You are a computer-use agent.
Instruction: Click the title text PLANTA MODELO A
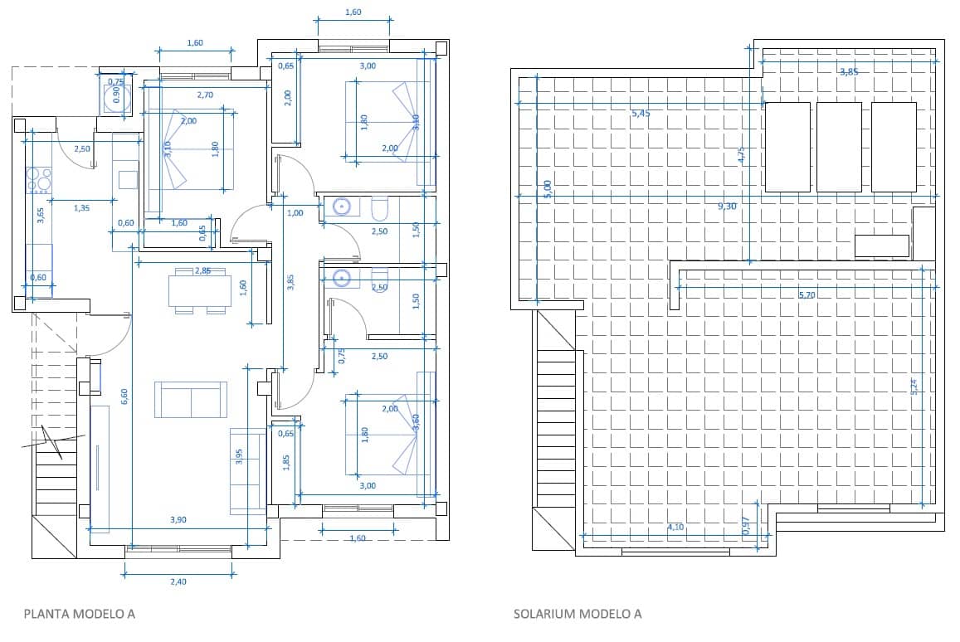coord(79,615)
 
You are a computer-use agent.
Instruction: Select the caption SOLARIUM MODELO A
coord(577,615)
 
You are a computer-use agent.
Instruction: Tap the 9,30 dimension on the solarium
coord(728,205)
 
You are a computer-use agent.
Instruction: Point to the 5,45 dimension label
coord(641,113)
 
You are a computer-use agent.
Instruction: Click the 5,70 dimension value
coord(808,294)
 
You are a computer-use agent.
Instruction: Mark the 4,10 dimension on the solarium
coord(675,526)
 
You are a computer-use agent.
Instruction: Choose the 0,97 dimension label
coord(745,524)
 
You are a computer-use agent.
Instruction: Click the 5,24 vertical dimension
coord(914,387)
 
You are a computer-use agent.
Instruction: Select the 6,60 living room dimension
coord(124,396)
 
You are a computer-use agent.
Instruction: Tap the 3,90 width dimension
coord(178,519)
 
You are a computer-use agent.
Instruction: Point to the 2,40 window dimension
coord(178,581)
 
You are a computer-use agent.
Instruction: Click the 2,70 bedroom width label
coord(205,95)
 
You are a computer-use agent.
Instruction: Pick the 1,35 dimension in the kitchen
coord(81,208)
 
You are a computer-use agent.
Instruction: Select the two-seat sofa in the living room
coord(191,400)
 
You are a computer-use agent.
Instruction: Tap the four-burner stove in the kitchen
coord(39,180)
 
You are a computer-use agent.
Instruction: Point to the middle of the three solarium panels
coord(839,147)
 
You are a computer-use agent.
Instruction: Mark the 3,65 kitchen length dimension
coord(40,216)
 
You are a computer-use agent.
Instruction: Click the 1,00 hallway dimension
coord(295,213)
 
